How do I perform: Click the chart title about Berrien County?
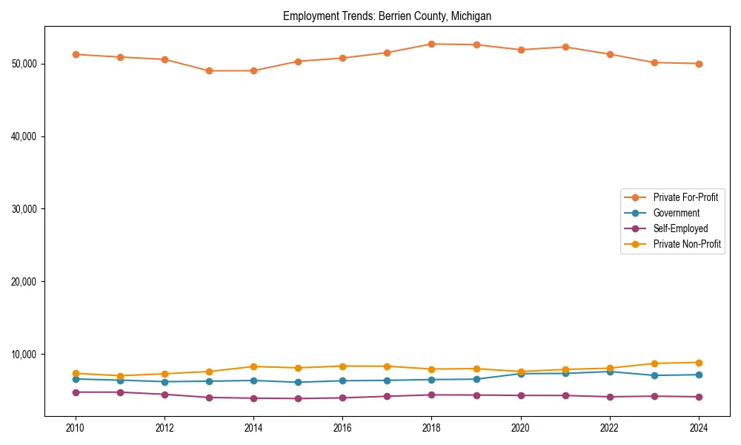(x=387, y=16)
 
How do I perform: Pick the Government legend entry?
(x=676, y=213)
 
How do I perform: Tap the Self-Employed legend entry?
(x=680, y=228)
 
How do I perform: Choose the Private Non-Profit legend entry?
(x=687, y=244)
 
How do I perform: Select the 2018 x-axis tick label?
(x=431, y=428)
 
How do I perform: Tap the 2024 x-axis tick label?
(x=699, y=428)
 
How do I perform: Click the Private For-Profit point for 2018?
(x=431, y=44)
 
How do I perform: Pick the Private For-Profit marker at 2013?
(x=209, y=70)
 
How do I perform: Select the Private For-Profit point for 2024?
(x=699, y=64)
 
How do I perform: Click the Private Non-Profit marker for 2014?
(x=253, y=366)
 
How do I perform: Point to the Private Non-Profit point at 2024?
(x=699, y=363)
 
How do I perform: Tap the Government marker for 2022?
(x=610, y=372)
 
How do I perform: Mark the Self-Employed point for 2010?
(x=76, y=392)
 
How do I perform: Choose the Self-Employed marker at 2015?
(x=298, y=398)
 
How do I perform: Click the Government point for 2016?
(x=342, y=380)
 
